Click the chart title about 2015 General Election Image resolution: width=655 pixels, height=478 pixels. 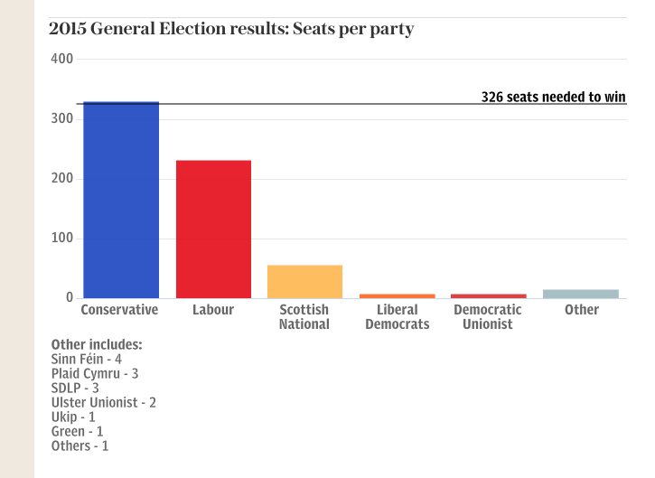pos(231,29)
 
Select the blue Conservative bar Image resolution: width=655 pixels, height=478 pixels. pos(121,201)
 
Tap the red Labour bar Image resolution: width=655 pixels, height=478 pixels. pos(213,230)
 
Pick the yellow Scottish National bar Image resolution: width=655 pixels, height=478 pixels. pos(304,282)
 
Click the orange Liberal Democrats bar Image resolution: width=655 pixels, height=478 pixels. pos(398,295)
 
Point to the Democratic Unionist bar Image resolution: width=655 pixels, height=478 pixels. pos(488,295)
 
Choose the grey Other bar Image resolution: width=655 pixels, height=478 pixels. pos(581,294)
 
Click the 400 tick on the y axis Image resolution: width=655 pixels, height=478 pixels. pos(62,60)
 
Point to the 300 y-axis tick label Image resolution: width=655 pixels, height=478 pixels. pos(62,119)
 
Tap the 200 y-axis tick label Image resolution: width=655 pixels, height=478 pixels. pos(62,179)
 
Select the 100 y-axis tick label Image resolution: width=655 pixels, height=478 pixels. pos(62,239)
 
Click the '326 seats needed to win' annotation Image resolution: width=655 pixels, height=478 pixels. pos(553,97)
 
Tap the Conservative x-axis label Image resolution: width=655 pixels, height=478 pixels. pos(119,310)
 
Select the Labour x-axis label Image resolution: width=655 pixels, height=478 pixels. pos(213,310)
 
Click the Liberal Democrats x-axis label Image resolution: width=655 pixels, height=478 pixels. pos(398,316)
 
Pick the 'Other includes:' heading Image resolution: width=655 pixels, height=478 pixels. pos(97,344)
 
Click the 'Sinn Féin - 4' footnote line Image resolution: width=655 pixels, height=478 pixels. pos(87,359)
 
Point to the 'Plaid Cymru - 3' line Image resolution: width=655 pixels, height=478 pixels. pos(95,373)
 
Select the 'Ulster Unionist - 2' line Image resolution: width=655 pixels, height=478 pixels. pos(104,402)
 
